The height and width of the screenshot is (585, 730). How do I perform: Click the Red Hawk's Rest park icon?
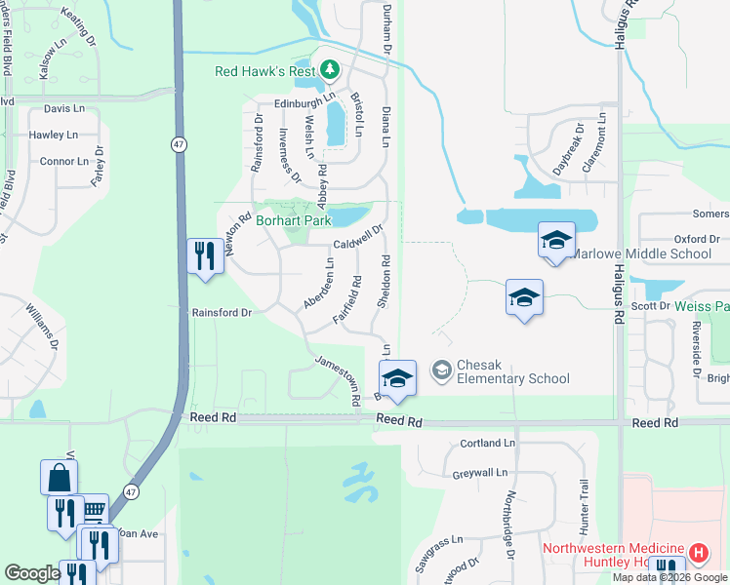330,70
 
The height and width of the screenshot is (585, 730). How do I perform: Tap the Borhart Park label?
293,221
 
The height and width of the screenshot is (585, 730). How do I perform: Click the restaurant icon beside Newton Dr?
203,256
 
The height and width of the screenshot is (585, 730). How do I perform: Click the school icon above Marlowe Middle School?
556,240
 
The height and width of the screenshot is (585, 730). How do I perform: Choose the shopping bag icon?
59,478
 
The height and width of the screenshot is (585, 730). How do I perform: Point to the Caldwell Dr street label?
357,238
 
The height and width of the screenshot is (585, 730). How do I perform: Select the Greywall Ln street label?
480,474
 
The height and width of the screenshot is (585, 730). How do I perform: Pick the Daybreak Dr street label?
568,150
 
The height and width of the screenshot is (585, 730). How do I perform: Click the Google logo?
32,573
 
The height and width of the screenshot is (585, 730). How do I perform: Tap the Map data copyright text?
670,577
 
